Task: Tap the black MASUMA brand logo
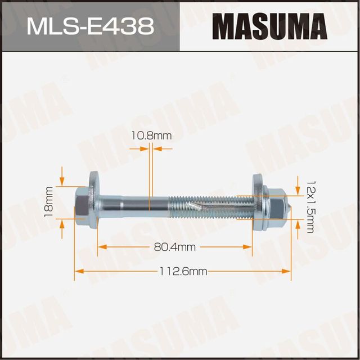point(269,26)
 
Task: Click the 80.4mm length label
point(174,246)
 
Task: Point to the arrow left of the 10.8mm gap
point(143,148)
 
